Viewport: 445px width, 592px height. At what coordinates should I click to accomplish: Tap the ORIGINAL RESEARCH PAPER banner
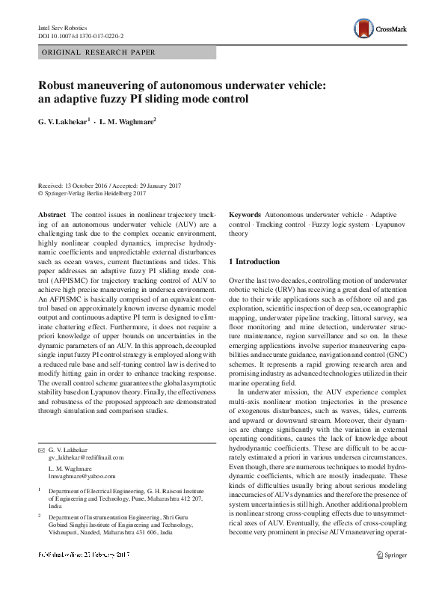coord(99,52)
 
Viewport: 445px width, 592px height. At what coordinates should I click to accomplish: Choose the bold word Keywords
coord(245,214)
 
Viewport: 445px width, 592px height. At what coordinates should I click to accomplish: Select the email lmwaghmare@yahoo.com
coord(82,474)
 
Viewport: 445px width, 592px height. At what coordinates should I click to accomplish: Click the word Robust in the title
coord(59,85)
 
